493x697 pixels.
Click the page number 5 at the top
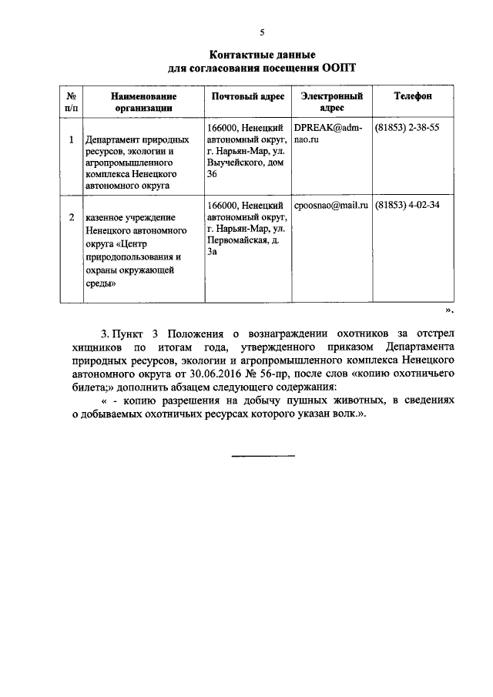(x=262, y=32)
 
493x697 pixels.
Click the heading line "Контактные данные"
(x=263, y=55)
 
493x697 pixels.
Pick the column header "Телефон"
(x=413, y=96)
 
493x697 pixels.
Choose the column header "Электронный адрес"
(x=331, y=102)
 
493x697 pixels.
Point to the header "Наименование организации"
(x=144, y=102)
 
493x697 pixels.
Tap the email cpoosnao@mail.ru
(x=330, y=206)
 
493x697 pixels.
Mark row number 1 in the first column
(x=71, y=140)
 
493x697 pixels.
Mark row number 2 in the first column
(x=71, y=218)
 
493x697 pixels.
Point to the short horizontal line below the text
(x=263, y=456)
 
